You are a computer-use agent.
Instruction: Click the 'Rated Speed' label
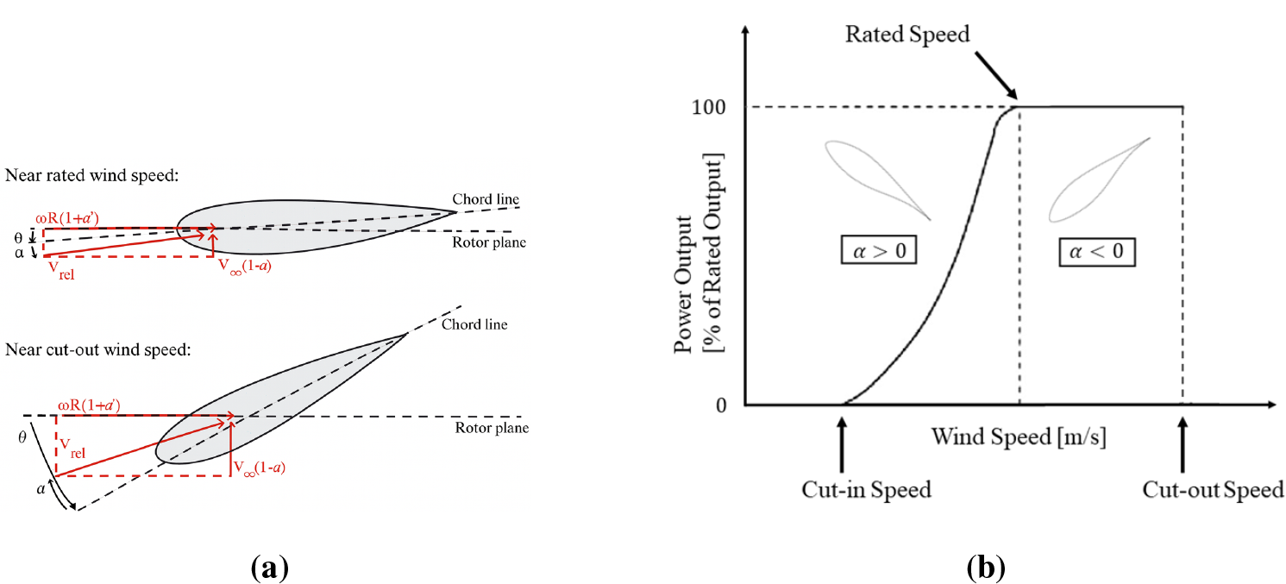(907, 35)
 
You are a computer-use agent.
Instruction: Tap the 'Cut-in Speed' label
(867, 490)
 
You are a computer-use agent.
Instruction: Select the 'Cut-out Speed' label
(1213, 490)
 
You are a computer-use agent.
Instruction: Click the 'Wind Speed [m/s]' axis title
(1019, 436)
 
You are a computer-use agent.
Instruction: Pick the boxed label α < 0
(1097, 253)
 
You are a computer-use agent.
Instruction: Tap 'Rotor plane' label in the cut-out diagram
(492, 429)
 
